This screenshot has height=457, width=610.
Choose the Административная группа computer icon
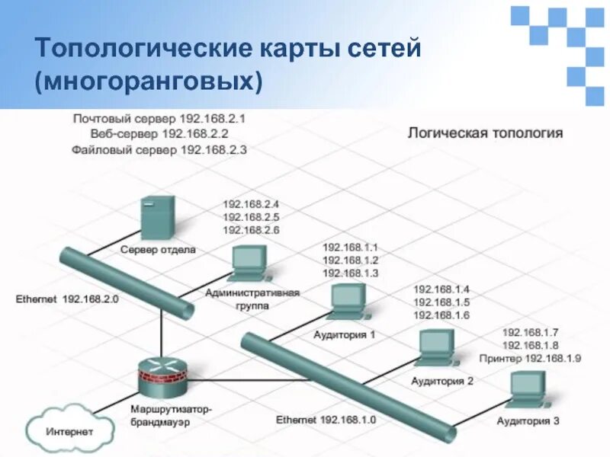point(249,264)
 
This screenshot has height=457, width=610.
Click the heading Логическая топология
point(485,133)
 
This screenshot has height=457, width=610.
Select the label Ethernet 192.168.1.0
point(326,420)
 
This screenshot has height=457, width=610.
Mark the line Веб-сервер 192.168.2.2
point(160,135)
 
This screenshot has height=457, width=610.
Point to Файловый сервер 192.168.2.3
point(159,150)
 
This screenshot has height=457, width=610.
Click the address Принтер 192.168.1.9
point(531,357)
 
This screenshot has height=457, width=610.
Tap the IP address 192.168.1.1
point(350,248)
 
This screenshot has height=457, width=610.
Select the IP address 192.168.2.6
point(251,230)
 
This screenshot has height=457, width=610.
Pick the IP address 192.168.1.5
point(441,302)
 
